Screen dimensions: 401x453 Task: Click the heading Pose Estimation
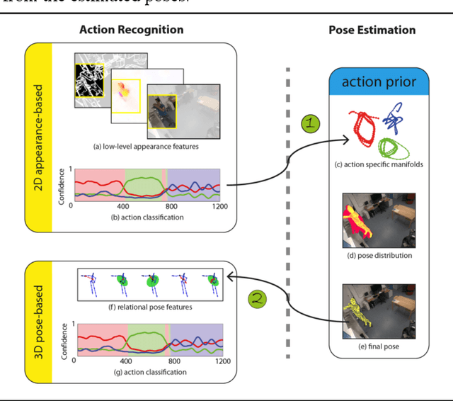click(372, 30)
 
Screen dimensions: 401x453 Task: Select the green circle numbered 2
click(258, 299)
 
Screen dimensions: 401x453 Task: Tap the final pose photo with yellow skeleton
click(378, 310)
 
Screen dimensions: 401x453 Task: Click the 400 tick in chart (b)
click(122, 207)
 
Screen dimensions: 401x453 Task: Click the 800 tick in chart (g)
click(173, 361)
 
